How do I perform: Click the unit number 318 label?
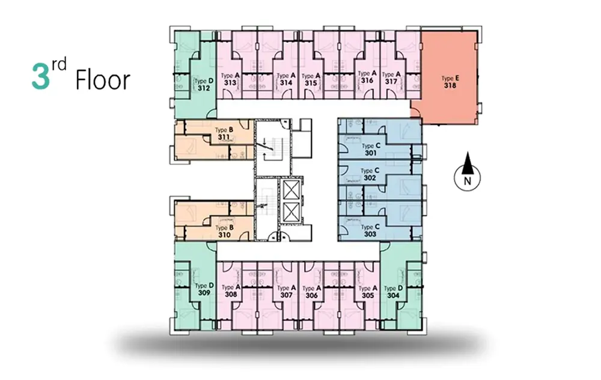450,85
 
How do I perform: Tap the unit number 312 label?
204,88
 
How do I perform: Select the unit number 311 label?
224,137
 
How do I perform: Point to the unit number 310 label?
224,234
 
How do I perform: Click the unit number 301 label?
371,153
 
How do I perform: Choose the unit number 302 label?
370,178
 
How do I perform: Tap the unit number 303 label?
370,234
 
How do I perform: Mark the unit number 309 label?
204,293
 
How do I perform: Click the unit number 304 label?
393,295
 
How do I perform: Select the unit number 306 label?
311,295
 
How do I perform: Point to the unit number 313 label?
230,83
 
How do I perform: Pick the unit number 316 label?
367,80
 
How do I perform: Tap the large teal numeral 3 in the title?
41,77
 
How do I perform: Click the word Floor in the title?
103,80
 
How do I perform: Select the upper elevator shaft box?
290,189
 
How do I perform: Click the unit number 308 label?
231,295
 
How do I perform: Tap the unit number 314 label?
286,82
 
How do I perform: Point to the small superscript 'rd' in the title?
59,64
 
